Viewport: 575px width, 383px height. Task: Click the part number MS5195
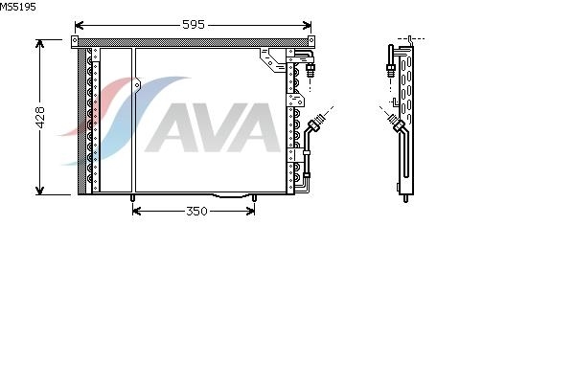(x=18, y=7)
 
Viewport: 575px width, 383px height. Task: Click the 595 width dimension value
(x=194, y=25)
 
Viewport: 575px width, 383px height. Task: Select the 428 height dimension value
(x=40, y=117)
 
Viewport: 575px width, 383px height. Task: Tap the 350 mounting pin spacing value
(x=196, y=211)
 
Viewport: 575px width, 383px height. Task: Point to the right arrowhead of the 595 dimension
(x=308, y=25)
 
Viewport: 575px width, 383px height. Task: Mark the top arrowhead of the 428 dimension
(x=39, y=44)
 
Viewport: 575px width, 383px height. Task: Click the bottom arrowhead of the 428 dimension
(x=39, y=191)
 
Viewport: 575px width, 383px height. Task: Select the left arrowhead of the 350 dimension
(x=136, y=211)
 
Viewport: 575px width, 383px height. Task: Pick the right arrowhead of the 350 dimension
(x=250, y=211)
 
